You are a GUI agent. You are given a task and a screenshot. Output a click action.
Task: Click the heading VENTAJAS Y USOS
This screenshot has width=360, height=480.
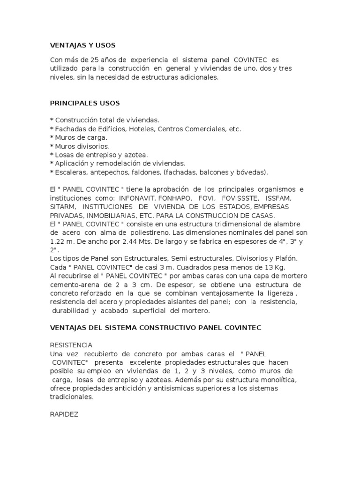82,45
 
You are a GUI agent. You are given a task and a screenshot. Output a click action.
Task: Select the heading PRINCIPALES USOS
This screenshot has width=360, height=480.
85,103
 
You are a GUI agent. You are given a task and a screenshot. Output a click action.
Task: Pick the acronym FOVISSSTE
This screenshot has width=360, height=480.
240,197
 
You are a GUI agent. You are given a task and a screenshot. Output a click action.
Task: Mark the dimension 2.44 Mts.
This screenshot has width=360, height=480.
136,241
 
